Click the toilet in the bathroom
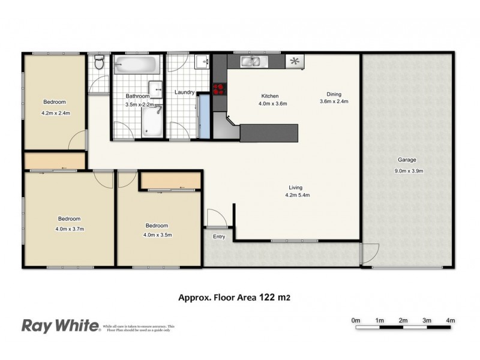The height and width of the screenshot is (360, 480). click(100, 62)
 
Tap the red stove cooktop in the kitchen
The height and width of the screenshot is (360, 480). click(219, 89)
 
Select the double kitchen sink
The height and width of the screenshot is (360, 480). click(251, 61)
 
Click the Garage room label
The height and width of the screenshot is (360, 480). click(406, 160)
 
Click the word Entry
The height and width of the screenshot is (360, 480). click(219, 236)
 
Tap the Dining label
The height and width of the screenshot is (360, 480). click(334, 94)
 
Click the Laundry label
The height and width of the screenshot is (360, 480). click(184, 92)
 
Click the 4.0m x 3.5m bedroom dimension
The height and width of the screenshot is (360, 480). click(158, 235)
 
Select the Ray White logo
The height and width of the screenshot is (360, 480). click(60, 326)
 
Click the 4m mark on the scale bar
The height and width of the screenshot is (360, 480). click(451, 320)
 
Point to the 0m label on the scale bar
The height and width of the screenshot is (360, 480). click(356, 320)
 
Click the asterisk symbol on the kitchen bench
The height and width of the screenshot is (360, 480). click(294, 61)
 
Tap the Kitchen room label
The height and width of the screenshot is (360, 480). click(269, 96)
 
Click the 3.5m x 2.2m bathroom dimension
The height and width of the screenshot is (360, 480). click(140, 104)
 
